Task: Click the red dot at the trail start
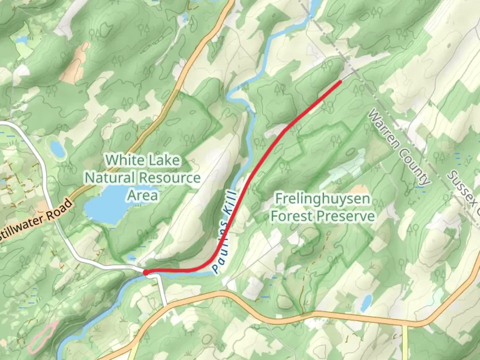tap(146, 273)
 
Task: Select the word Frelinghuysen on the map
tap(322, 199)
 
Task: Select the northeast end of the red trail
tap(340, 81)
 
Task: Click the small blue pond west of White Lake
tap(57, 150)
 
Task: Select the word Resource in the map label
tap(171, 178)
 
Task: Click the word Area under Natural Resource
tap(142, 195)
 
